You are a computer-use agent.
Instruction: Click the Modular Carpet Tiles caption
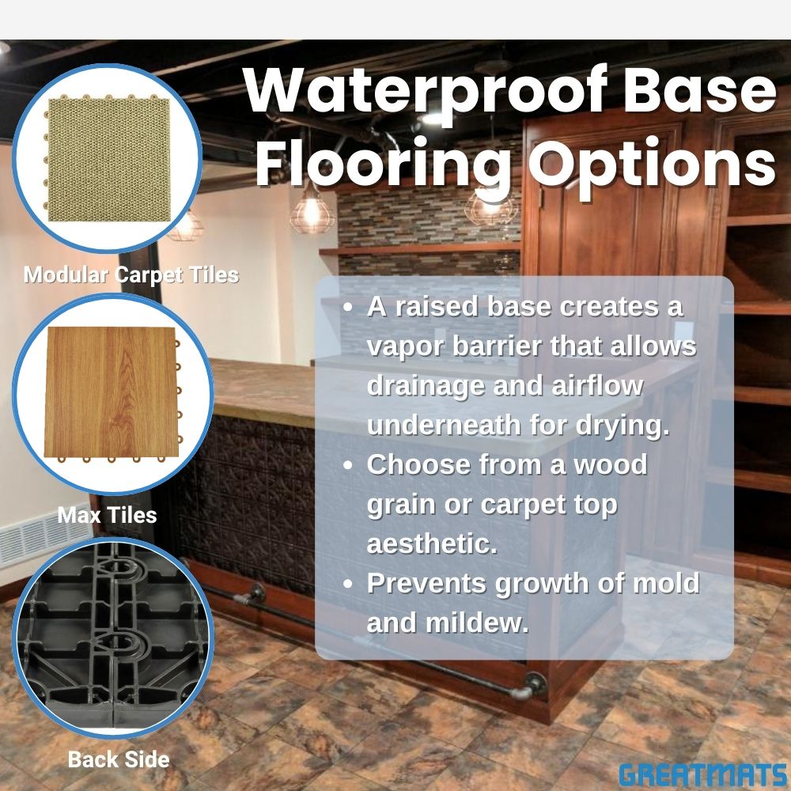[x=131, y=275]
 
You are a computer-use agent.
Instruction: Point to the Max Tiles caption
[x=107, y=516]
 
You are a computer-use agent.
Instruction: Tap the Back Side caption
[x=119, y=760]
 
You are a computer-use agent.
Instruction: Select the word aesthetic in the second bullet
[x=432, y=544]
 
